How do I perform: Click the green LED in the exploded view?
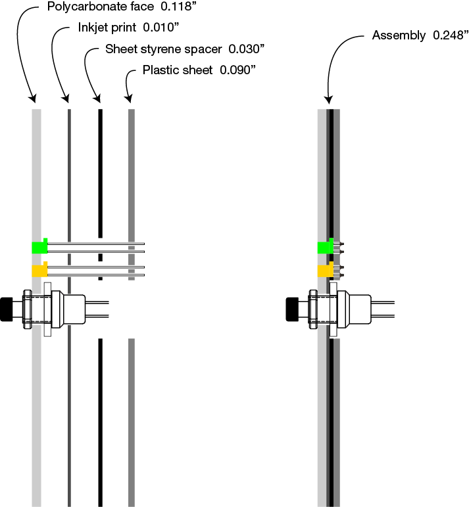39,247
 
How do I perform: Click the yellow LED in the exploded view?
39,271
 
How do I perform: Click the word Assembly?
399,35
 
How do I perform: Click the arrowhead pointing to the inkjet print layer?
66,99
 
